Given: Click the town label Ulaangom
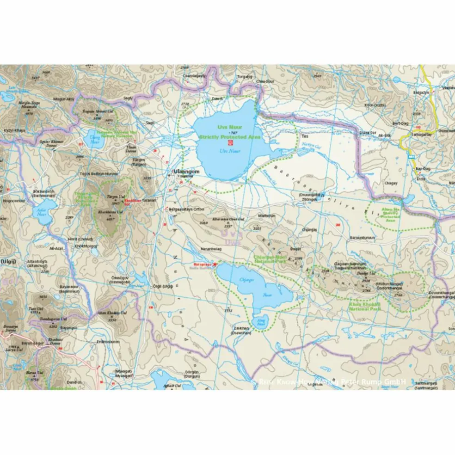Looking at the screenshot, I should (x=186, y=172).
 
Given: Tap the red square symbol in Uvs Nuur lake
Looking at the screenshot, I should (x=224, y=144).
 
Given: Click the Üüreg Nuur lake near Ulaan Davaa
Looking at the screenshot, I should (x=95, y=138).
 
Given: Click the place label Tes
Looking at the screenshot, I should (x=304, y=137).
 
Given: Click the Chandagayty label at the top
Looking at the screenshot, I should (x=194, y=75).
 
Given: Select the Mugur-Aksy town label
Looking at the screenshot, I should (x=64, y=99).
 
